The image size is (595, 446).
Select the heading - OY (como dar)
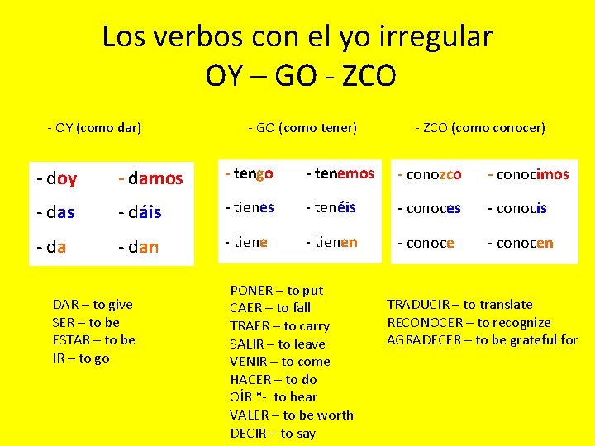pyautogui.click(x=95, y=128)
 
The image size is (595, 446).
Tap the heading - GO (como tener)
pyautogui.click(x=302, y=128)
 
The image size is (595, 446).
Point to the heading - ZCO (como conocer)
pyautogui.click(x=480, y=128)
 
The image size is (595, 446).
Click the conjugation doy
pyautogui.click(x=57, y=178)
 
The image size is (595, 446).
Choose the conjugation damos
pyautogui.click(x=150, y=178)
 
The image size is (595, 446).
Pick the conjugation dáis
pyautogui.click(x=140, y=212)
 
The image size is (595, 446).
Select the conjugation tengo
pyautogui.click(x=249, y=173)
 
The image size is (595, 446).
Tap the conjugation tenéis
pyautogui.click(x=331, y=207)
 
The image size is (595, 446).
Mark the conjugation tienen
pyautogui.click(x=331, y=242)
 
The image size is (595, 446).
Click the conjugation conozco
pyautogui.click(x=430, y=174)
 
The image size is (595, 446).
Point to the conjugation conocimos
pyautogui.click(x=528, y=174)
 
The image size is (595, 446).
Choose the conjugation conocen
pyautogui.click(x=521, y=243)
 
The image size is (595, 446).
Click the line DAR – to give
pyautogui.click(x=93, y=305)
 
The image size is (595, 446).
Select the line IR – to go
pyautogui.click(x=81, y=358)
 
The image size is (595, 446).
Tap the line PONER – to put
pyautogui.click(x=277, y=291)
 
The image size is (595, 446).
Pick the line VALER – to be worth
pyautogui.click(x=292, y=415)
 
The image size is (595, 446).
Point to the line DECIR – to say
pyautogui.click(x=273, y=434)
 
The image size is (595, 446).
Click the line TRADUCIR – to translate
pyautogui.click(x=460, y=305)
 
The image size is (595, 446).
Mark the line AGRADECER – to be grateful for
pyautogui.click(x=483, y=340)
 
